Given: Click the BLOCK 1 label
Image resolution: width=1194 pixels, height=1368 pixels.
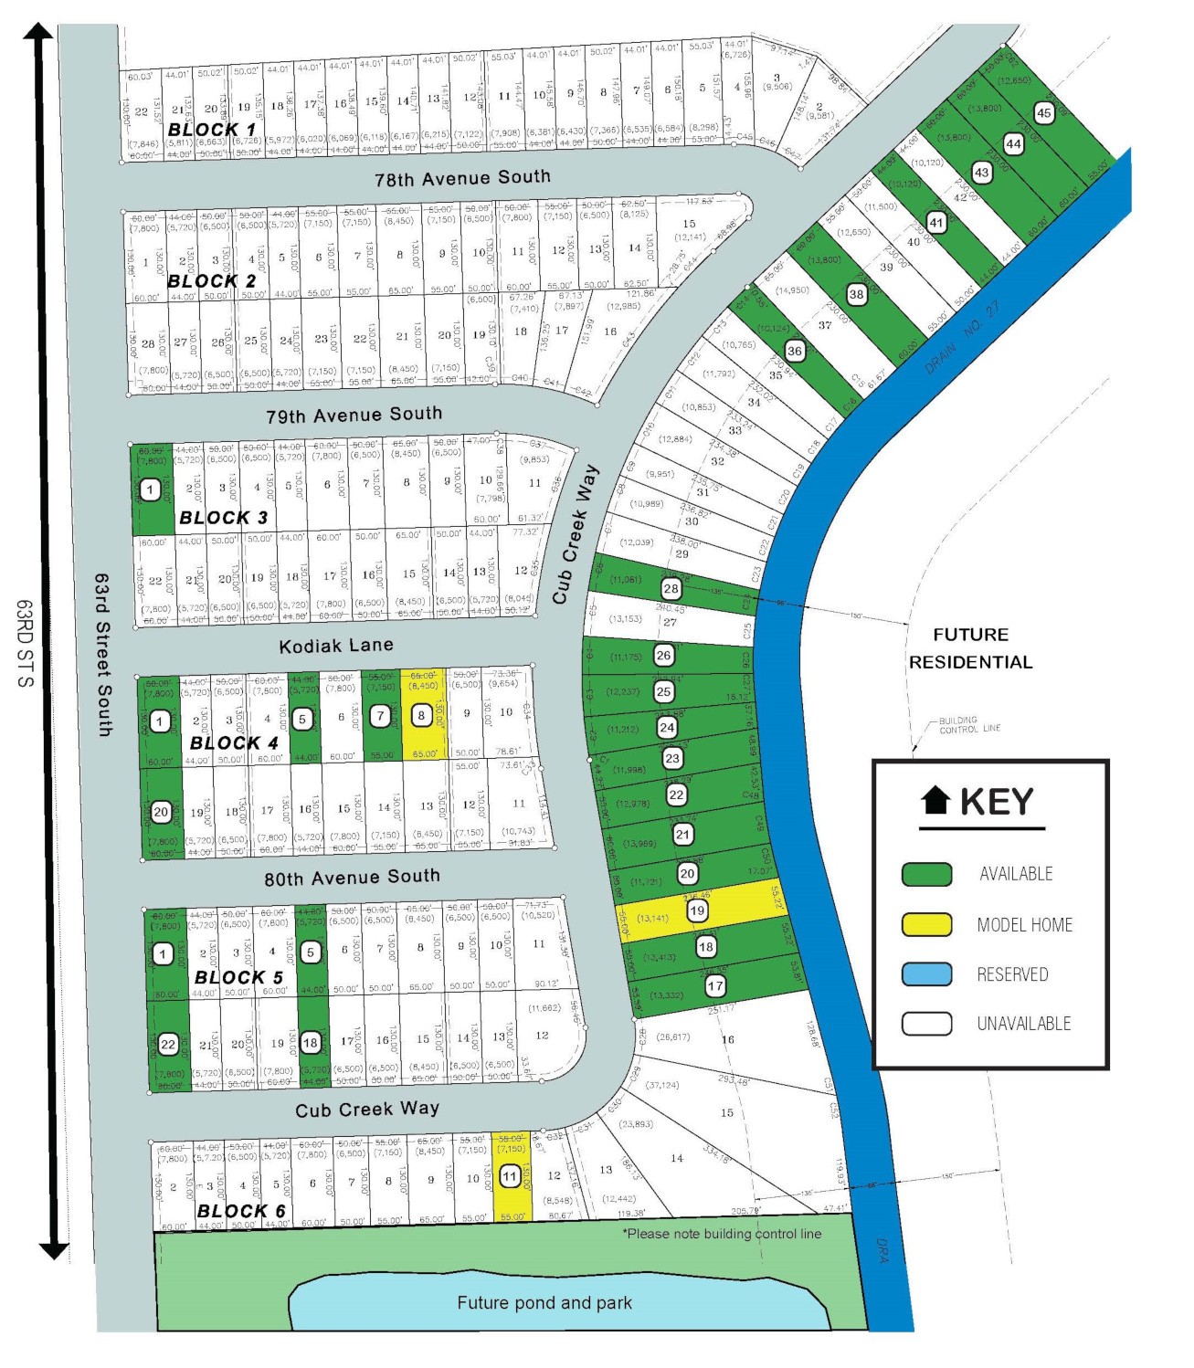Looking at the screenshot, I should (x=212, y=130).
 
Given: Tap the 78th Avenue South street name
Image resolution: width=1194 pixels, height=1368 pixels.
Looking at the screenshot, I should (x=462, y=178).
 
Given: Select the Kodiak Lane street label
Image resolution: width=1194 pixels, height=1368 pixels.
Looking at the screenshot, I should (x=336, y=646).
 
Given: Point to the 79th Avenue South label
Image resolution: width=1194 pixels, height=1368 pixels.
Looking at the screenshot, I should (x=354, y=416).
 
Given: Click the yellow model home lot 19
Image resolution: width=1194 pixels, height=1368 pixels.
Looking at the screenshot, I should (x=697, y=910).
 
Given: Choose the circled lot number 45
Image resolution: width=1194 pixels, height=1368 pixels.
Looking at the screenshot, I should (x=1044, y=113).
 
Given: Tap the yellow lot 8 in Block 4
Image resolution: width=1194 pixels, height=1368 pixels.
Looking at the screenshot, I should (x=421, y=716).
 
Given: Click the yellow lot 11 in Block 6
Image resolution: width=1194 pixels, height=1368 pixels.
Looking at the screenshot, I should (x=510, y=1177).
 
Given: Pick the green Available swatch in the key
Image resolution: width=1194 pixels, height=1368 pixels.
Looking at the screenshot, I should (x=926, y=875).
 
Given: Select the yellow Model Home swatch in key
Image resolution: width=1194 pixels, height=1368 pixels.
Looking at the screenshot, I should (x=926, y=924).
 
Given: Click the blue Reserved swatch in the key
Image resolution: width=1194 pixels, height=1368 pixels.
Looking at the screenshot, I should (x=926, y=974).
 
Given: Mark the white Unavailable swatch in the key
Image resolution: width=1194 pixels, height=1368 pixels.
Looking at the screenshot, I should (x=926, y=1024).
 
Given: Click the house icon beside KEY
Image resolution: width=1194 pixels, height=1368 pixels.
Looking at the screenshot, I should (x=935, y=801).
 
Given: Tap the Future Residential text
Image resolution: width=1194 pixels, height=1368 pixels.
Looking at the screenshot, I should (x=970, y=648).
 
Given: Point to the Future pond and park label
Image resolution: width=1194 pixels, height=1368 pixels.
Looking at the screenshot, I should (x=544, y=1303).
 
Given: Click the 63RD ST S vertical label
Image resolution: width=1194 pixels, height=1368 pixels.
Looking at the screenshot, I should (x=25, y=643).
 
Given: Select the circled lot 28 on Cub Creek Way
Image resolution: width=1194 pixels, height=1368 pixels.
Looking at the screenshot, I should (x=671, y=589).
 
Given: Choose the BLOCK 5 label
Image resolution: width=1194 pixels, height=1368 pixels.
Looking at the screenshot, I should (x=239, y=977).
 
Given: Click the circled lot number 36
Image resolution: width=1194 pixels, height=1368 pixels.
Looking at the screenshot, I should (x=795, y=351).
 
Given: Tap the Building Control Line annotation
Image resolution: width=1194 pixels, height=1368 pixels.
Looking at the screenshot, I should (x=969, y=724).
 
